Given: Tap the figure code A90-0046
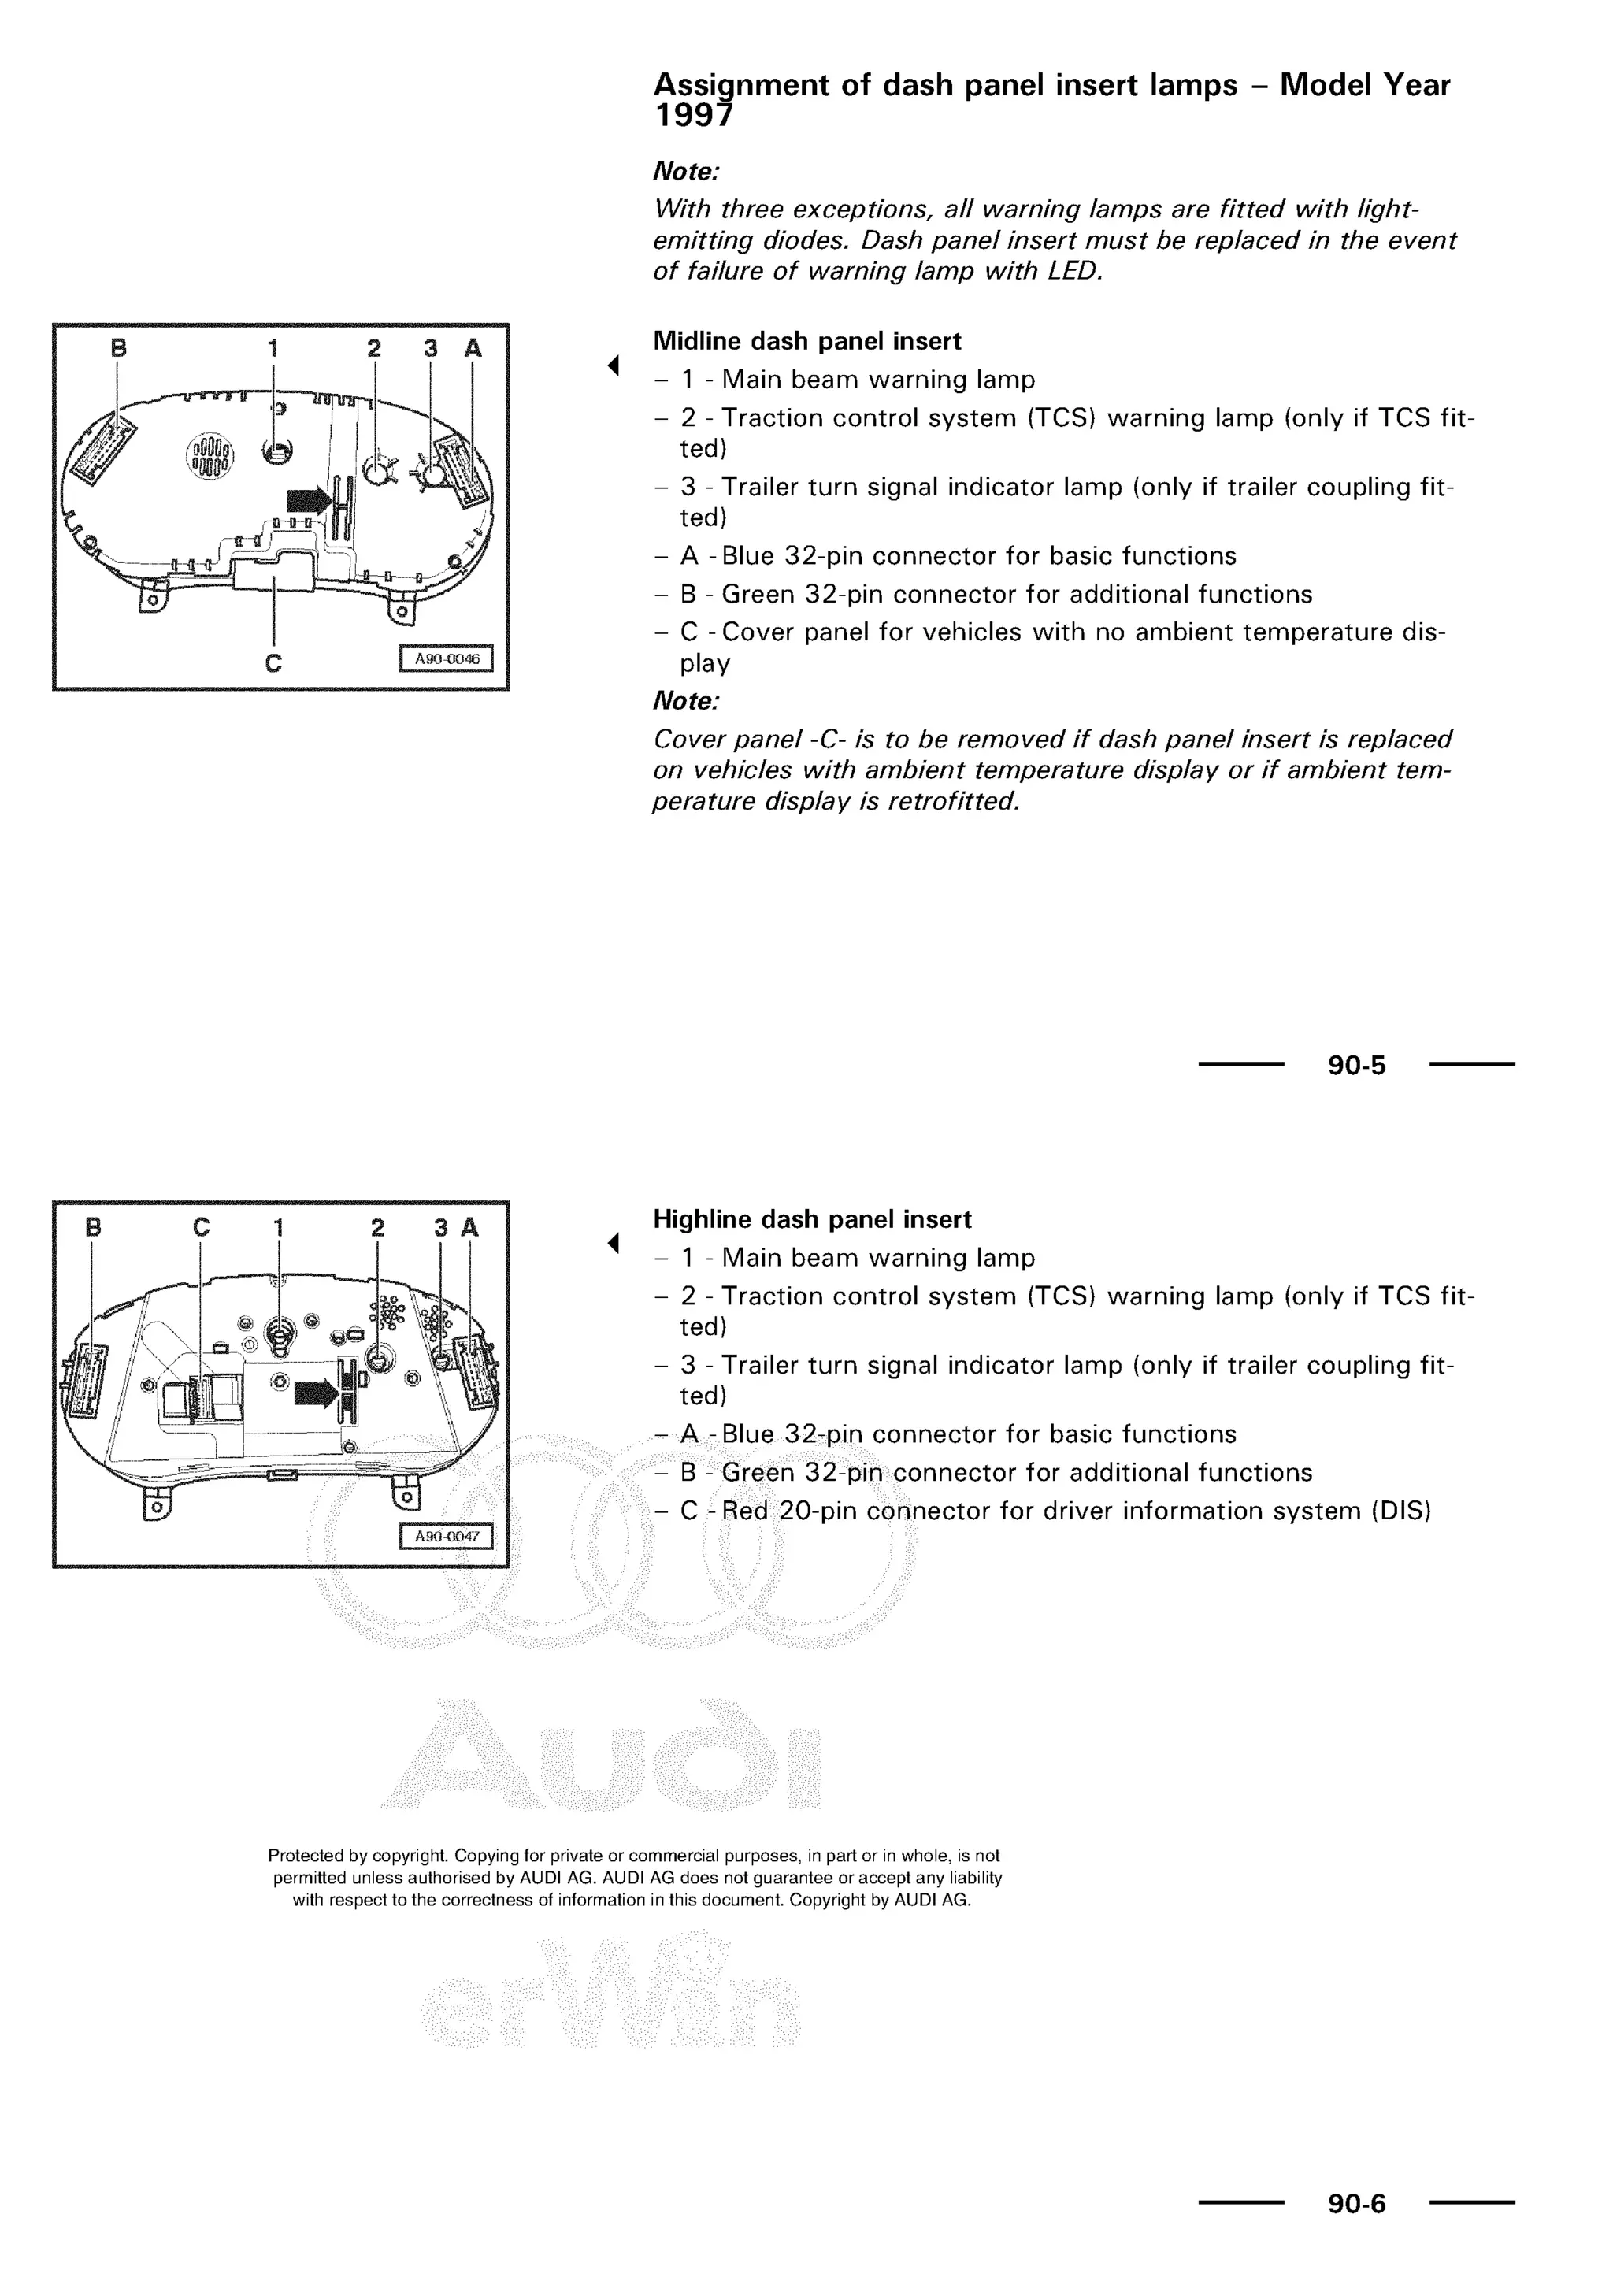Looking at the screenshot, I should coord(446,658).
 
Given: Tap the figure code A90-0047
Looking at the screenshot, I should coord(446,1536).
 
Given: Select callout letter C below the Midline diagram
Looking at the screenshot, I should coord(273,662).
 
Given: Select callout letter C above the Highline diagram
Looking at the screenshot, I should coord(202,1228).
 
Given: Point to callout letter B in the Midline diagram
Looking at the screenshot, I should coord(118,349).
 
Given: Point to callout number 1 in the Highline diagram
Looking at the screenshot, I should coord(279,1228).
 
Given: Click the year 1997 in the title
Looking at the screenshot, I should coord(692,117).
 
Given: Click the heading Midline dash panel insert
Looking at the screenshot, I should coord(806,342).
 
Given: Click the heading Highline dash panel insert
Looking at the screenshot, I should coord(811,1219).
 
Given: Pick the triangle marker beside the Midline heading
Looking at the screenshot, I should coord(614,365).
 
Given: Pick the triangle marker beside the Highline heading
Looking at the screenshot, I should coord(614,1243).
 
